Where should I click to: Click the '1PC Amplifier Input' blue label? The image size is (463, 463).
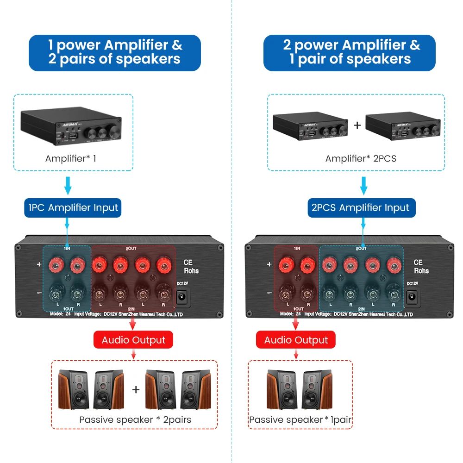(x=73, y=208)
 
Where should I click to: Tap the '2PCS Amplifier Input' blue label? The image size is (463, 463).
(x=361, y=208)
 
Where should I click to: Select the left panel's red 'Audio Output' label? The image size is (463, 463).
(x=133, y=340)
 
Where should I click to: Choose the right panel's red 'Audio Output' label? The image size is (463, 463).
(x=296, y=340)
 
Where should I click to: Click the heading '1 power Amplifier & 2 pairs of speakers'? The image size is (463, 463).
(x=115, y=52)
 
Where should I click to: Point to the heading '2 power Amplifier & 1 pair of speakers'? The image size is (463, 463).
(x=350, y=52)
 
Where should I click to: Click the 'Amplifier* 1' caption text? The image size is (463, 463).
(x=71, y=158)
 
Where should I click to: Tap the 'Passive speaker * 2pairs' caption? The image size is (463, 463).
(x=135, y=420)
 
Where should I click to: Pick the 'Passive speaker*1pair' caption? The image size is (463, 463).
(x=300, y=420)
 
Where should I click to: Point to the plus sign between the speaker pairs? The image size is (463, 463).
(x=135, y=390)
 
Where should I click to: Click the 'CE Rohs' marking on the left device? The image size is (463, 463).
(x=188, y=266)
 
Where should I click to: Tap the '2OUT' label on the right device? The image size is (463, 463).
(x=362, y=249)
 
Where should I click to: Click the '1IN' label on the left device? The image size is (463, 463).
(x=67, y=249)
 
